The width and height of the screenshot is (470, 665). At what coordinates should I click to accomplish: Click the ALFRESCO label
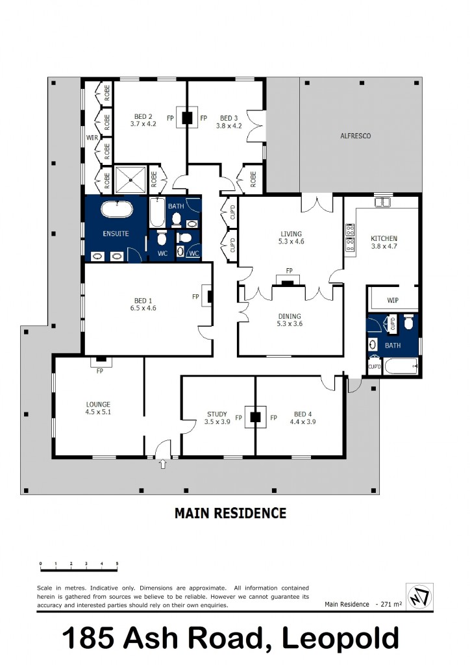[356, 136]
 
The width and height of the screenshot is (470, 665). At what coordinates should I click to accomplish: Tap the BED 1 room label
[140, 301]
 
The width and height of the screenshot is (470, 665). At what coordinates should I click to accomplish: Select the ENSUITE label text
[116, 233]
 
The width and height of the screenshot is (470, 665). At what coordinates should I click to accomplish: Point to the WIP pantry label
[392, 301]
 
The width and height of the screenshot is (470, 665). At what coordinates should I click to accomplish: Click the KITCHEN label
[384, 238]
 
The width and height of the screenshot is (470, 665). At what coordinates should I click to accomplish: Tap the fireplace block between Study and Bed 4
[256, 417]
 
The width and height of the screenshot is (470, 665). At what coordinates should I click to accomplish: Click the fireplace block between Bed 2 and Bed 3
[187, 118]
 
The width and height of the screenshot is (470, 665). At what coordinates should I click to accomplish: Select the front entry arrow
[162, 464]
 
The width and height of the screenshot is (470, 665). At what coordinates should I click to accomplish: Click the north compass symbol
[419, 596]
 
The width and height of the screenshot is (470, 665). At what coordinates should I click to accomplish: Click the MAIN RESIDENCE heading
[230, 513]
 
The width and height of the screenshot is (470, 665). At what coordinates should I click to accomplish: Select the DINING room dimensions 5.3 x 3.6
[290, 323]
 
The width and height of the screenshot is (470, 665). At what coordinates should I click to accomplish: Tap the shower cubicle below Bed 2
[132, 179]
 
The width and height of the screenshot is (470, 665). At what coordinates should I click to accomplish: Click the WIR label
[92, 138]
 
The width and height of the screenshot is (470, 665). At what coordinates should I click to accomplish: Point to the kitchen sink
[383, 202]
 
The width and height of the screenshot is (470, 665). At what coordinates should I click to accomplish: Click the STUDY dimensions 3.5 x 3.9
[217, 421]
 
